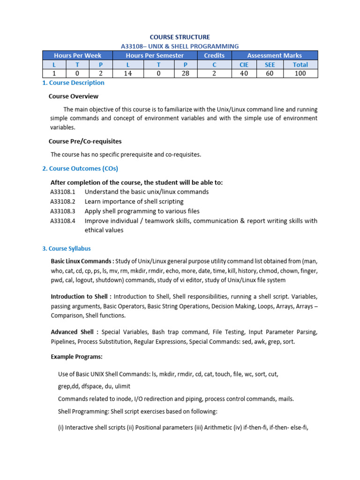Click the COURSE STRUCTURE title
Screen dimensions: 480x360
click(180, 37)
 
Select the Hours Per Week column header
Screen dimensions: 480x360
click(77, 55)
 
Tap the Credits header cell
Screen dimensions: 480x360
click(214, 55)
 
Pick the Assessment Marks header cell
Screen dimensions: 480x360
click(274, 55)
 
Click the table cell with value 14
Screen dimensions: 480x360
click(128, 73)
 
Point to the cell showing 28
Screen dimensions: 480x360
click(186, 73)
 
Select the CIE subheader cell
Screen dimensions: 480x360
click(244, 65)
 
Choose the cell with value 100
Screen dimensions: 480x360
click(300, 73)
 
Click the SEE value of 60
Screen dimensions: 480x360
click(270, 73)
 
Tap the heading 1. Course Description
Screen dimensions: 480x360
click(73, 83)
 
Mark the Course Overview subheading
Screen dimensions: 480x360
click(74, 96)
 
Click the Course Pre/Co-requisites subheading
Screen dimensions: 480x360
click(85, 141)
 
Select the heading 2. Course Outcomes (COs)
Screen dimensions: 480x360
click(80, 169)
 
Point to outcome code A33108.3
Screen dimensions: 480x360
click(63, 211)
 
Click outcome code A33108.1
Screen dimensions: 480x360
click(63, 192)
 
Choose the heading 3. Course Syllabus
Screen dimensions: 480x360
click(67, 248)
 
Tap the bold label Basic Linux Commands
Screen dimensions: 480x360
click(82, 261)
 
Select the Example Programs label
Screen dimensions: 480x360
click(76, 357)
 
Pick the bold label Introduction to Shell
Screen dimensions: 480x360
click(81, 297)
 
